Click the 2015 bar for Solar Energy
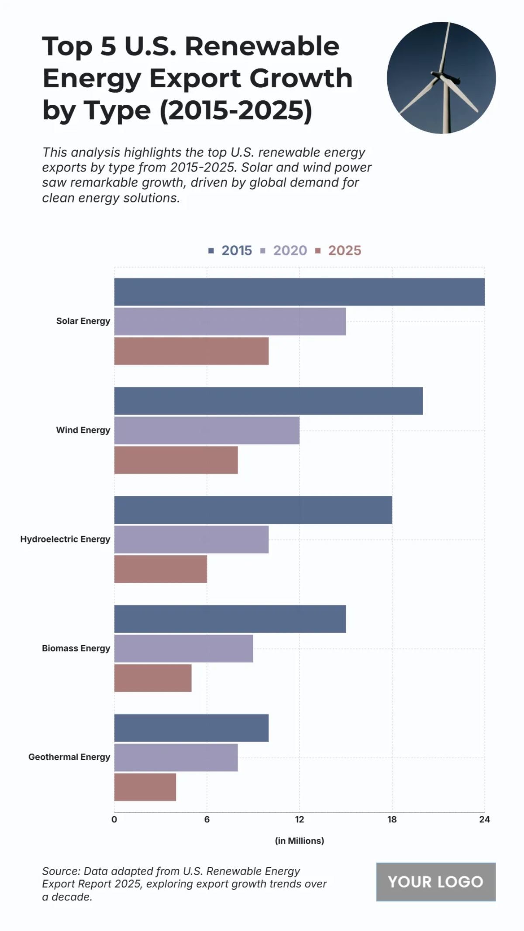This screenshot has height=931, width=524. (299, 292)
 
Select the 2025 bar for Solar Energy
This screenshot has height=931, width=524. (191, 351)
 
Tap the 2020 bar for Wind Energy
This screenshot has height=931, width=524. (207, 430)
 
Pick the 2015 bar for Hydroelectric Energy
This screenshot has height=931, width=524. (253, 510)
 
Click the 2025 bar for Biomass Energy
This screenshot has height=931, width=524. (153, 678)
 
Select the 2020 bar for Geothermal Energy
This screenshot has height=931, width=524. (176, 757)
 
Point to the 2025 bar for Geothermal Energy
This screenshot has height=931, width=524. (145, 787)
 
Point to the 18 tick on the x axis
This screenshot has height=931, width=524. (392, 819)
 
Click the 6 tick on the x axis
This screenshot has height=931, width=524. (207, 819)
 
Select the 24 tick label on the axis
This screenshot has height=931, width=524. (484, 819)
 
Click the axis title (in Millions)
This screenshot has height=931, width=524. (299, 841)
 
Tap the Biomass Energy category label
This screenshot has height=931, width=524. (76, 648)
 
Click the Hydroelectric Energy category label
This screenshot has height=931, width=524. (65, 539)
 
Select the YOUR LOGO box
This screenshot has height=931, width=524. (435, 882)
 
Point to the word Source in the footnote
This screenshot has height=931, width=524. (60, 871)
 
